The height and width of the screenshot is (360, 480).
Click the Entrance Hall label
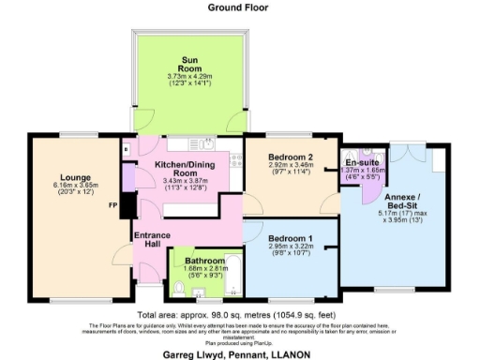[x=152, y=239]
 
